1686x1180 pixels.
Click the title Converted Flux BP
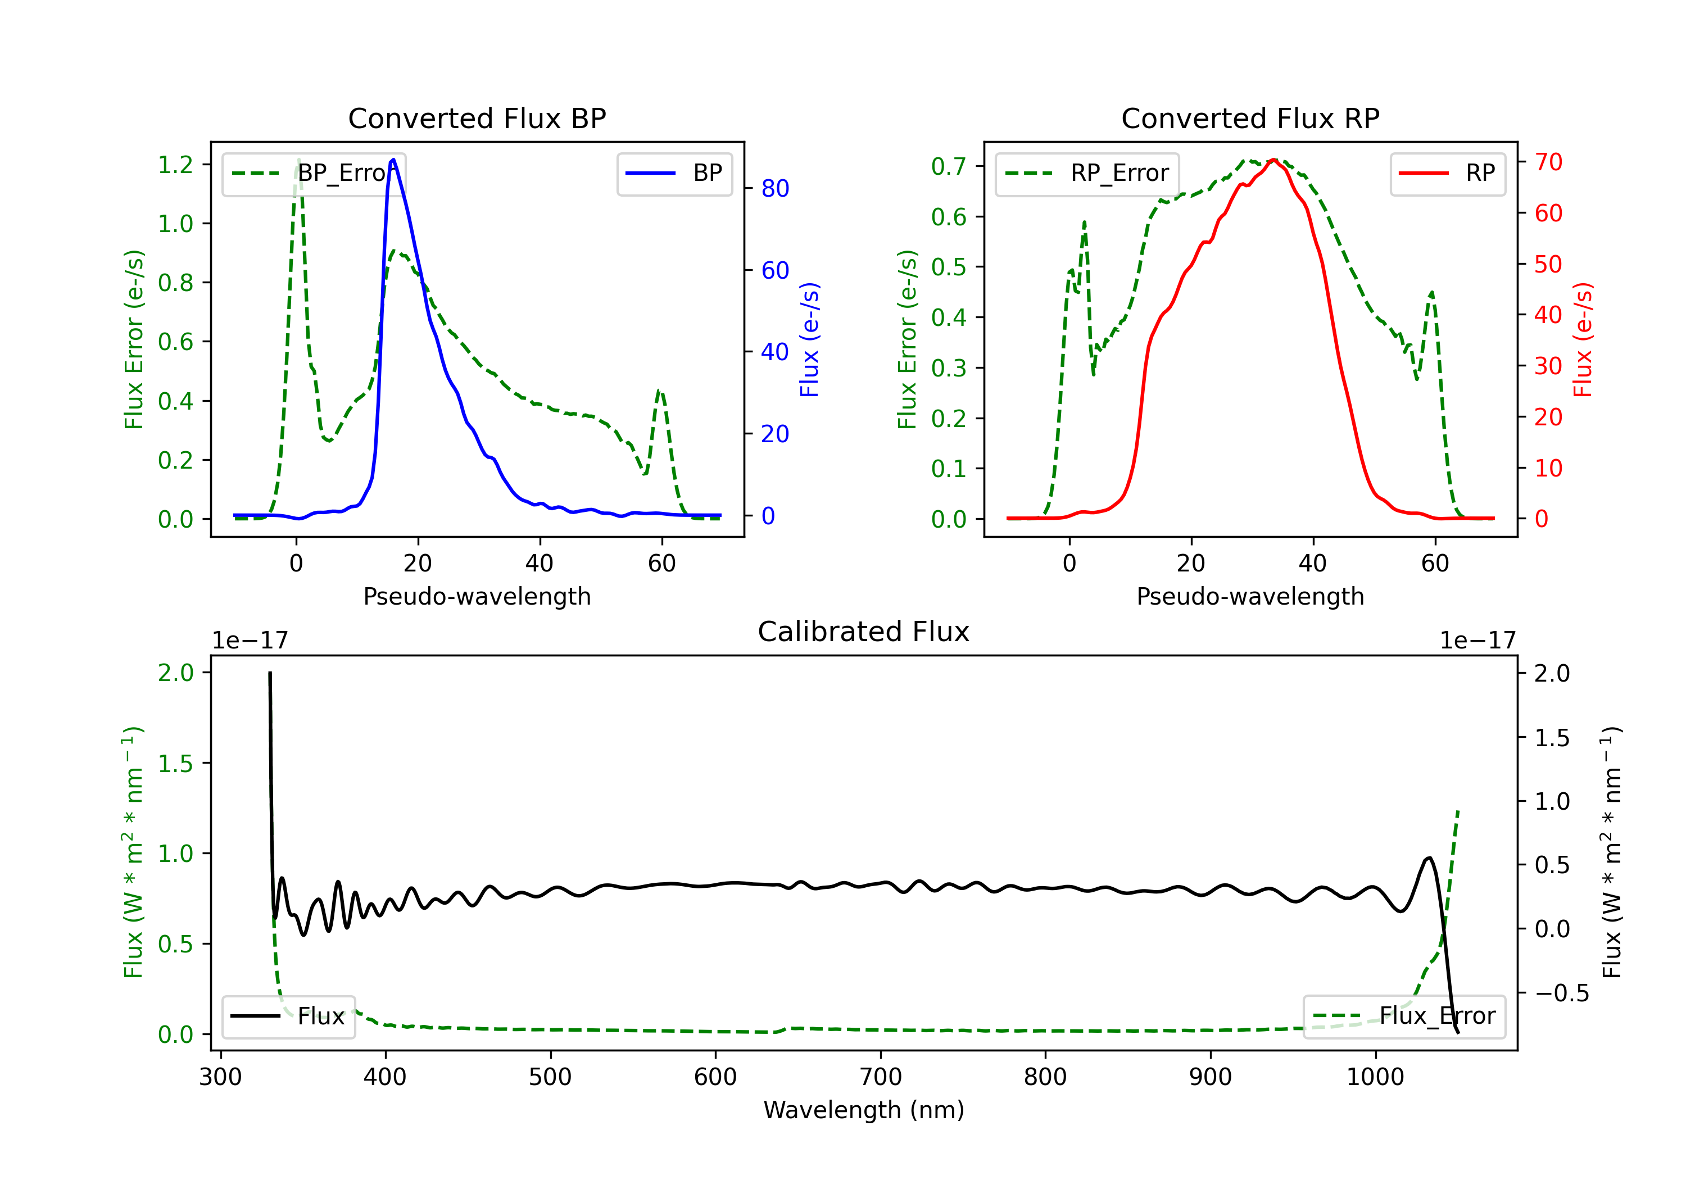(477, 118)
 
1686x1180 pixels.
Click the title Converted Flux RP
(1250, 118)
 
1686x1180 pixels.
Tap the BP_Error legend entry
(314, 173)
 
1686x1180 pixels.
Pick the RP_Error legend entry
(1087, 173)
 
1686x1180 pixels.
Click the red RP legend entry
(1447, 173)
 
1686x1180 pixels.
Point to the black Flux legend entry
(289, 1016)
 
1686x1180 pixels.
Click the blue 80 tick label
(774, 189)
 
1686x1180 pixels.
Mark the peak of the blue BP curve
(393, 160)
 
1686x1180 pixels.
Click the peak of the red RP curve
(1274, 160)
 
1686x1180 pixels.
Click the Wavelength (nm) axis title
(864, 1110)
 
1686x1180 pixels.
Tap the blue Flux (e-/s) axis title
(809, 339)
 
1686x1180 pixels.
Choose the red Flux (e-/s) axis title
(1583, 339)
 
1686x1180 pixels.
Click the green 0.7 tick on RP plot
(948, 166)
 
